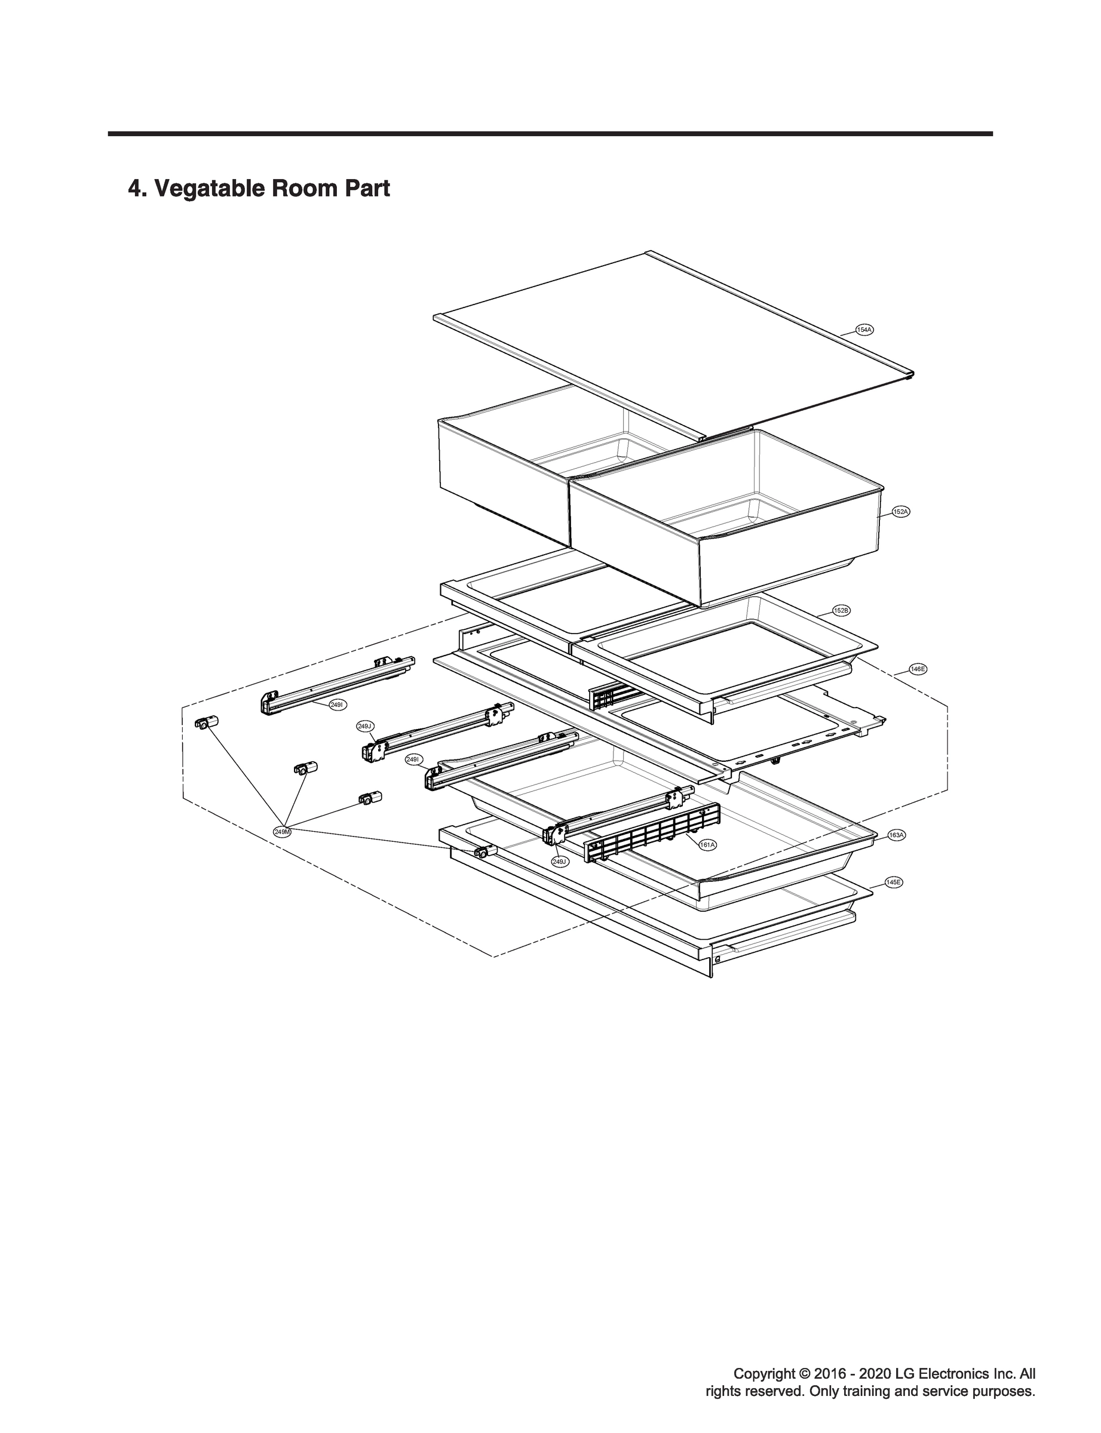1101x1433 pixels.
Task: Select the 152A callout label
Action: pos(901,512)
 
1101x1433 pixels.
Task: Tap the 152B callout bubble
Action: pos(842,610)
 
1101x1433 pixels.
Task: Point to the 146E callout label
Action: pos(918,669)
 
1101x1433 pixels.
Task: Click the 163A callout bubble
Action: pos(897,835)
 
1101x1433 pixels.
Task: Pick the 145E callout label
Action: pos(893,882)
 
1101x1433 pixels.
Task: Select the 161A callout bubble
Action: pos(707,845)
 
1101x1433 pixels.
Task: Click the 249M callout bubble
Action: pos(283,831)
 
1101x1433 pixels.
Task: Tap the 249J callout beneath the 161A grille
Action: pos(560,862)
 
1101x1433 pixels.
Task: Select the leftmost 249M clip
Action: pos(206,723)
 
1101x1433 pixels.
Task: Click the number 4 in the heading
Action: pos(134,189)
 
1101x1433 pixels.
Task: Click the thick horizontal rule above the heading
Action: pos(551,134)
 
